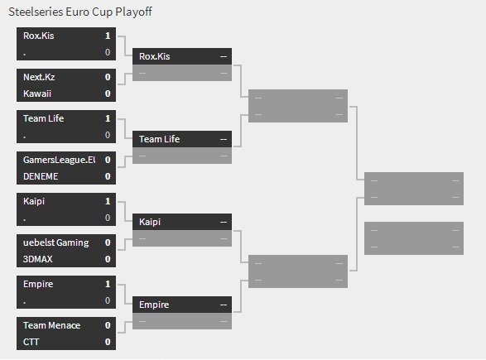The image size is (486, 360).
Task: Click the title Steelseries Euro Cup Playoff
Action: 80,12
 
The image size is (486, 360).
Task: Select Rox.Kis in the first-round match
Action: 38,36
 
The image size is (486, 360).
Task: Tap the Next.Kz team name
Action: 39,77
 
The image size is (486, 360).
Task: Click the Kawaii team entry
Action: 37,94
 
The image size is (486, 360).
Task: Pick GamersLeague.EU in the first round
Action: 60,160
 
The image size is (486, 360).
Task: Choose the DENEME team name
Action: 41,176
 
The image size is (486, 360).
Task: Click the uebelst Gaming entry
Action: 56,242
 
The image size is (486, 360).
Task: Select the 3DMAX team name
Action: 38,259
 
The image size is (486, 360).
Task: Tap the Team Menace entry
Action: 52,325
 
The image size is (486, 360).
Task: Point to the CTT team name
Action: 31,342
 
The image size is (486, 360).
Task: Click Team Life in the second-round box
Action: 159,139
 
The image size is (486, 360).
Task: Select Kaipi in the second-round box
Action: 150,222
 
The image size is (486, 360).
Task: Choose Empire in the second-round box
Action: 154,305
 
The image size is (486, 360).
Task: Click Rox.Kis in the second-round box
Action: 154,56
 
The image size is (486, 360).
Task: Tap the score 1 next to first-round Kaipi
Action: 108,201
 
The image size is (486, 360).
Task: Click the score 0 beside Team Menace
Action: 108,325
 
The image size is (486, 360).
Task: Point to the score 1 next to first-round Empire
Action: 108,284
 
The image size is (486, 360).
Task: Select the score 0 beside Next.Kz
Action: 108,77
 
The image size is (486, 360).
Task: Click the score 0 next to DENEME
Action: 108,176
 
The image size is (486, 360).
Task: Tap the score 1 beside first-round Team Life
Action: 108,118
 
